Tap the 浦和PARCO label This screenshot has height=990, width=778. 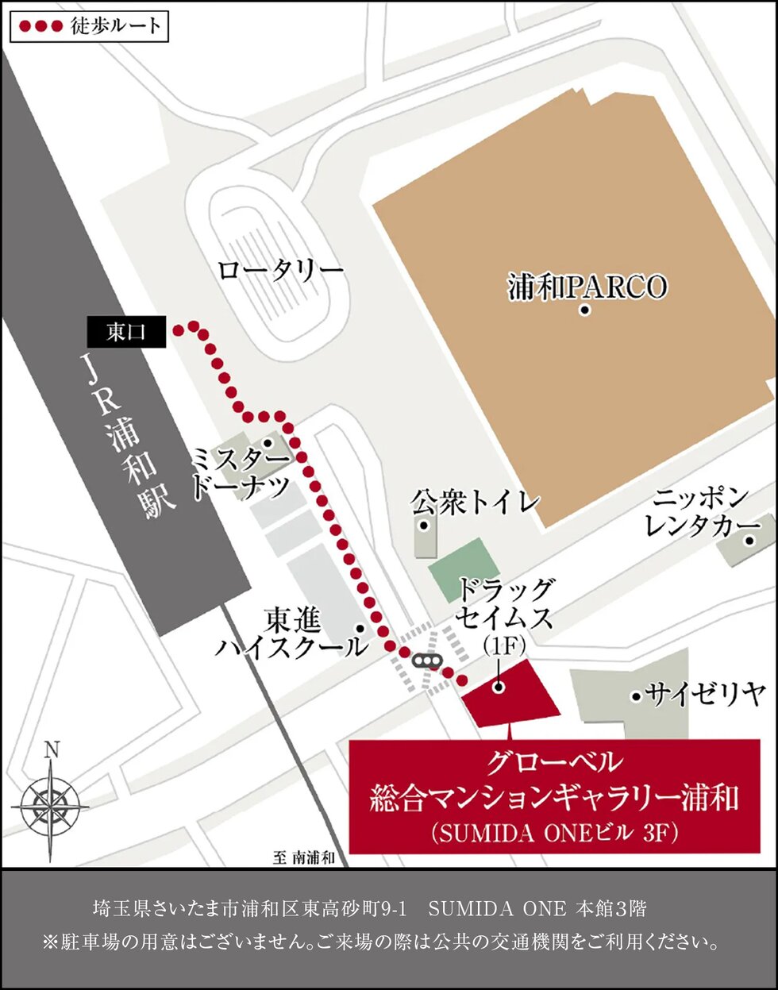click(x=587, y=287)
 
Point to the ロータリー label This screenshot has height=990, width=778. click(x=280, y=271)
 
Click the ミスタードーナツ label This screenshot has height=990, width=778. click(x=241, y=473)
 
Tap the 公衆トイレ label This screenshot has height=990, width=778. click(x=476, y=502)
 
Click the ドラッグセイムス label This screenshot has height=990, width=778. click(x=505, y=603)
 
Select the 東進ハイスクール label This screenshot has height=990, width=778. click(x=292, y=633)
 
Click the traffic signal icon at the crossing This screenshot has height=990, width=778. click(x=426, y=661)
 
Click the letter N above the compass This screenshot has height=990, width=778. click(x=52, y=749)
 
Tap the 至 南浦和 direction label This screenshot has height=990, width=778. click(x=304, y=857)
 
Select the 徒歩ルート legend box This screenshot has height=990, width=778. click(x=89, y=25)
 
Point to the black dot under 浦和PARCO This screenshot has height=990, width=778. click(x=585, y=310)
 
